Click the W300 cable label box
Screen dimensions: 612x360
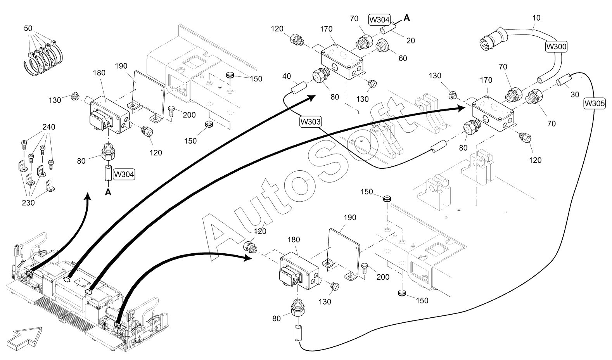coord(556,47)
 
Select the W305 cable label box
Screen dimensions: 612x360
coord(594,104)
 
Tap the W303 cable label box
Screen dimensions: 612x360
coord(310,122)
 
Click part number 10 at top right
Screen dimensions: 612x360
coord(536,18)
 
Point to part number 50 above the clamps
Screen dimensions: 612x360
coord(28,28)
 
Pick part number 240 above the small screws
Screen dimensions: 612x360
coord(49,127)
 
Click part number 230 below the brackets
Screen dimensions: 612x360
coord(28,203)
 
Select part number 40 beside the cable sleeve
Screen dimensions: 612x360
coord(286,76)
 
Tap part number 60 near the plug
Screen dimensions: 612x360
coord(403,59)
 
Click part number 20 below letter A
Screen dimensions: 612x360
coord(411,41)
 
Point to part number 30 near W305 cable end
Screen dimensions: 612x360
coord(575,95)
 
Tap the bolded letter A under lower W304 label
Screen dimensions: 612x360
coord(108,192)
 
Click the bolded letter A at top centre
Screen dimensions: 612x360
coord(407,18)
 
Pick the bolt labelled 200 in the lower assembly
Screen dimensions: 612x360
coord(365,269)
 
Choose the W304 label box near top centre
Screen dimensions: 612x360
coord(379,20)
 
